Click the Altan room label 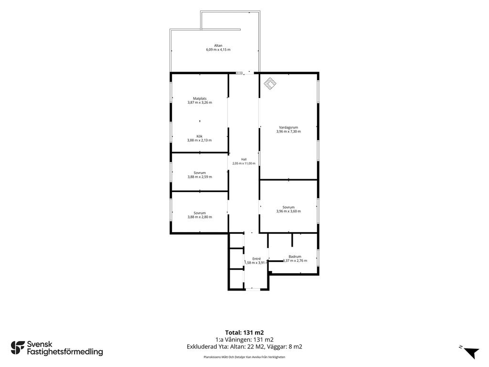coord(218,45)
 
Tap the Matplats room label coord(200,98)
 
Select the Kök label coord(200,136)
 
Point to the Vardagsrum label coord(288,127)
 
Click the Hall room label coord(244,160)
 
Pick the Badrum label coord(295,257)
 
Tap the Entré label coord(256,259)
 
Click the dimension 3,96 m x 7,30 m coord(288,132)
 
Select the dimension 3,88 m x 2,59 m coord(200,177)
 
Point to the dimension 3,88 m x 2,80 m coord(200,217)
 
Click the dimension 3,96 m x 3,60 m coord(288,211)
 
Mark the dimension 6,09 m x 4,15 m coord(218,50)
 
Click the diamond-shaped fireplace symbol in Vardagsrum coord(270,84)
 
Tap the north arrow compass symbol coord(471,353)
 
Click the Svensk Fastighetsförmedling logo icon coord(18,348)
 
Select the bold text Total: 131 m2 coord(244,333)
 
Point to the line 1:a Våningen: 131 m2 coord(244,340)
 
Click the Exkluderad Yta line coord(244,347)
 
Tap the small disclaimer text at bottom coord(244,357)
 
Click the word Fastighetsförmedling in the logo coord(65,352)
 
